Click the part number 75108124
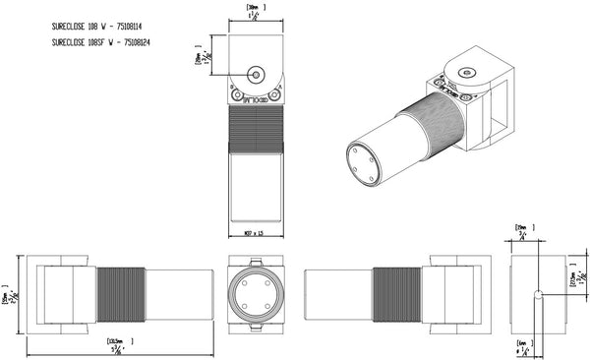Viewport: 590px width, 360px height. [140, 43]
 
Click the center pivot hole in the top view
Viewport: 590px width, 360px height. [255, 73]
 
